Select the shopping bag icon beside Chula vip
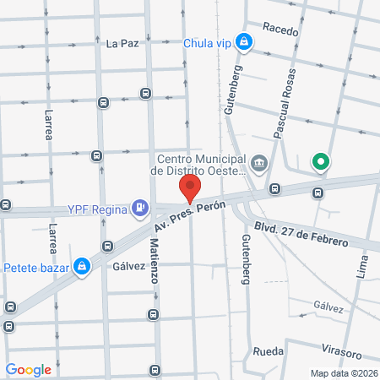pos(243,41)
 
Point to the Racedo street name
pos(280,30)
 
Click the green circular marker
pos(320,161)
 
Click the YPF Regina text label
pos(98,209)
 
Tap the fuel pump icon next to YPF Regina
pos(140,208)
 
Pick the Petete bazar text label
pos(35,268)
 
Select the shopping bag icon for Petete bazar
pos(81,267)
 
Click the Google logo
pos(29,369)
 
